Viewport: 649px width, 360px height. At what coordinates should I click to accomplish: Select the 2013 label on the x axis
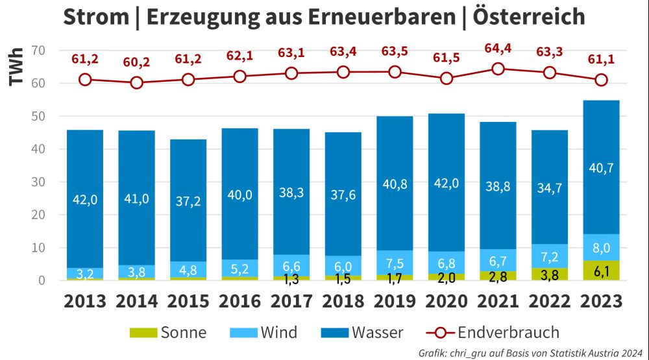click(85, 301)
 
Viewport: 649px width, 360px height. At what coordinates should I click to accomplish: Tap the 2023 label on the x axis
click(601, 301)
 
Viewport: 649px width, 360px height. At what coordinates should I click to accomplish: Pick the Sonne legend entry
click(167, 333)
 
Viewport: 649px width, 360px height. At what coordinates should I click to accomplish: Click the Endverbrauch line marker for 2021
click(498, 69)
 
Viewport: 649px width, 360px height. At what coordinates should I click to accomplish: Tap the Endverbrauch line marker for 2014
click(136, 82)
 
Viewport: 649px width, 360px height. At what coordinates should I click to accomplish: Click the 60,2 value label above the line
click(136, 62)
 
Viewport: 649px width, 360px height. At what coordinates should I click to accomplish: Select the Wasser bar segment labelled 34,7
click(550, 187)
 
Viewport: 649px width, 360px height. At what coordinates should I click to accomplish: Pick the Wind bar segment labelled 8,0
click(601, 247)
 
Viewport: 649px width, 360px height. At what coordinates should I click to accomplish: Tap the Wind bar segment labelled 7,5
click(395, 262)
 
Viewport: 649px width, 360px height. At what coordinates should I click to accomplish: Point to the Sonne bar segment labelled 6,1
click(601, 270)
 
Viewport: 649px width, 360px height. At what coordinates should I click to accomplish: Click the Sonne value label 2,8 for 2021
click(498, 278)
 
